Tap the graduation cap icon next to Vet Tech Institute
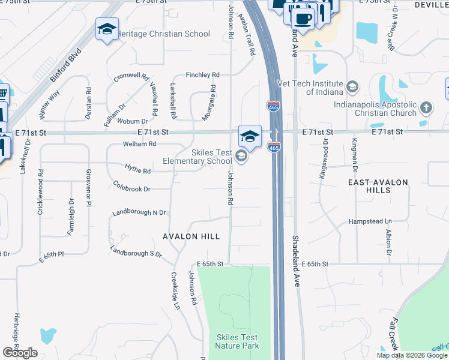(352, 88)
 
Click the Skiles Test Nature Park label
(237, 341)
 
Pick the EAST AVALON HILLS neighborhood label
(378, 185)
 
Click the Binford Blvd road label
(65, 65)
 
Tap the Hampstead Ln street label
(370, 221)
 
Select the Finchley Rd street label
(203, 75)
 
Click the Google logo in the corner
(20, 353)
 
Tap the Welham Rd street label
(139, 144)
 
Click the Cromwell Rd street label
(131, 77)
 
